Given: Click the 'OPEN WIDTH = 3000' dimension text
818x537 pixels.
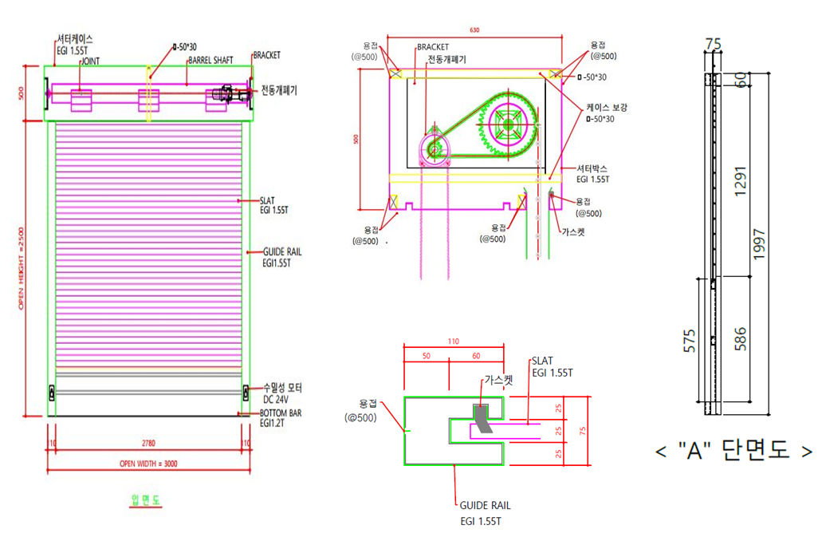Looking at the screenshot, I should point(147,464).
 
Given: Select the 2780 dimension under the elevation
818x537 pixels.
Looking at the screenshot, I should point(147,441).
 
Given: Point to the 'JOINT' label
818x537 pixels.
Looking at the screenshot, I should point(89,61).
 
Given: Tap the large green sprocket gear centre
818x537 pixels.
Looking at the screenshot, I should point(507,124).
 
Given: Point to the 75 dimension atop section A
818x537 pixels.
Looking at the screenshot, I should point(714,45).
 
